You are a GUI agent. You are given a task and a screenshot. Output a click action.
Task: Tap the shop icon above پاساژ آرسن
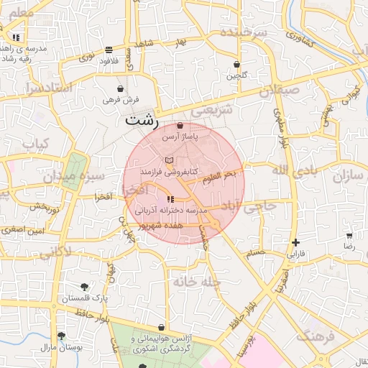(179, 126)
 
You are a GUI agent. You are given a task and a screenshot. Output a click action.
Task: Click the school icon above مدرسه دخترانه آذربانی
(170, 199)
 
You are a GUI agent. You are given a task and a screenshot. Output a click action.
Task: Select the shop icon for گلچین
(237, 65)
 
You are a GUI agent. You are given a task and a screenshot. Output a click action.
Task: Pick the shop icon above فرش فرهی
(119, 89)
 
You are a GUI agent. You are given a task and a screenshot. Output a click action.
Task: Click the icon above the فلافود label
(109, 50)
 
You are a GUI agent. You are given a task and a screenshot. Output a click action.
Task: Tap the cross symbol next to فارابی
(295, 242)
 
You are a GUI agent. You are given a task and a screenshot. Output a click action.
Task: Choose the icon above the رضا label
(349, 235)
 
